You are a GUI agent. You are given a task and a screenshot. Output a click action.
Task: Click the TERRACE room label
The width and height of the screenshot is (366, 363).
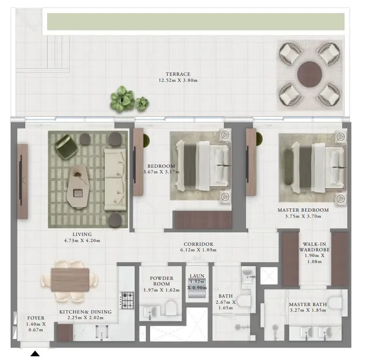(178, 74)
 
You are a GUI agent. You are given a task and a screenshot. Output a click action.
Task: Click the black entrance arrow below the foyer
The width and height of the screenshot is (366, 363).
(35, 354)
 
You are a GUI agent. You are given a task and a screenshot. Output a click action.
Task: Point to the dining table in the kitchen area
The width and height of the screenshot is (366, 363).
(70, 279)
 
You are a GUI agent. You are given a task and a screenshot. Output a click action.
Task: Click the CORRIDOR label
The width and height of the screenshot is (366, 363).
(198, 244)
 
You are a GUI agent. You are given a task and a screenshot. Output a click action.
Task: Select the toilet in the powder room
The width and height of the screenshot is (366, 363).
(171, 308)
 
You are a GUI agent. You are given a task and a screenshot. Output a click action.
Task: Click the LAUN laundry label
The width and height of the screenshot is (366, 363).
(197, 276)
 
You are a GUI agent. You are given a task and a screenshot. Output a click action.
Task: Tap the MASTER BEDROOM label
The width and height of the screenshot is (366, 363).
(303, 210)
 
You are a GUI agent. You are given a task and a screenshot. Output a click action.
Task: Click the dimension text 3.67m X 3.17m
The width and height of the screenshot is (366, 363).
(161, 172)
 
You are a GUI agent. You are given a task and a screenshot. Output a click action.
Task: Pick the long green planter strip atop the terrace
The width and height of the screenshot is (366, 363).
(196, 21)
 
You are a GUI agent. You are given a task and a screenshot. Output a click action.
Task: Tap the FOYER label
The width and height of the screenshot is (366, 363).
(36, 318)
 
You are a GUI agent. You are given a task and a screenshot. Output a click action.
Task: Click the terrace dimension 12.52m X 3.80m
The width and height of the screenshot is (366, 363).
(178, 80)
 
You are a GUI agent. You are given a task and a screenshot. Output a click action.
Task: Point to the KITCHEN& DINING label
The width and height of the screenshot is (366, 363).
(85, 312)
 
